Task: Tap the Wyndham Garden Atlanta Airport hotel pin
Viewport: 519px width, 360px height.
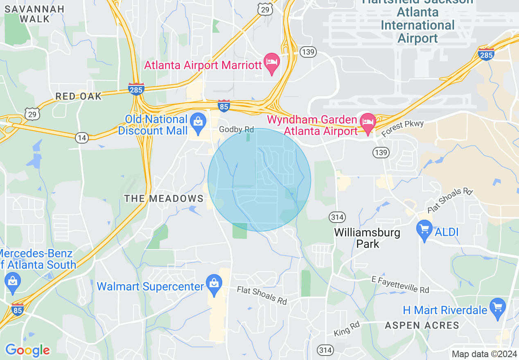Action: coord(368,122)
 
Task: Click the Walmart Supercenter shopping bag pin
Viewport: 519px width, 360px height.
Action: coord(214,285)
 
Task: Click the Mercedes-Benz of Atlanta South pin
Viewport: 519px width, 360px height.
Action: coord(13,283)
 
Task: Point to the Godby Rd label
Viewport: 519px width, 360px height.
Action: coord(237,130)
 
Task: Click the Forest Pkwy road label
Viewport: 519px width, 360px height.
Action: coord(402,128)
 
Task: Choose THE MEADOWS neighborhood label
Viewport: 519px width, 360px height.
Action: coord(164,199)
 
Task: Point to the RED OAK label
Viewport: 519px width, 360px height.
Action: coord(78,97)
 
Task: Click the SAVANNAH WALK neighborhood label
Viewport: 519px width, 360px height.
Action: coord(35,14)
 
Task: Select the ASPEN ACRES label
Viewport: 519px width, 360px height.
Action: coord(422,326)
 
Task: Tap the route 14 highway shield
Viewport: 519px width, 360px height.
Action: coord(82,138)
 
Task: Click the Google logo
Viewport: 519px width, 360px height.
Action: coord(27,350)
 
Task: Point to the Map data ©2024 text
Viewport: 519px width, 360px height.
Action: coord(483,354)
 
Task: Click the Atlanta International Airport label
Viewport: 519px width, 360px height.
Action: coord(417,25)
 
